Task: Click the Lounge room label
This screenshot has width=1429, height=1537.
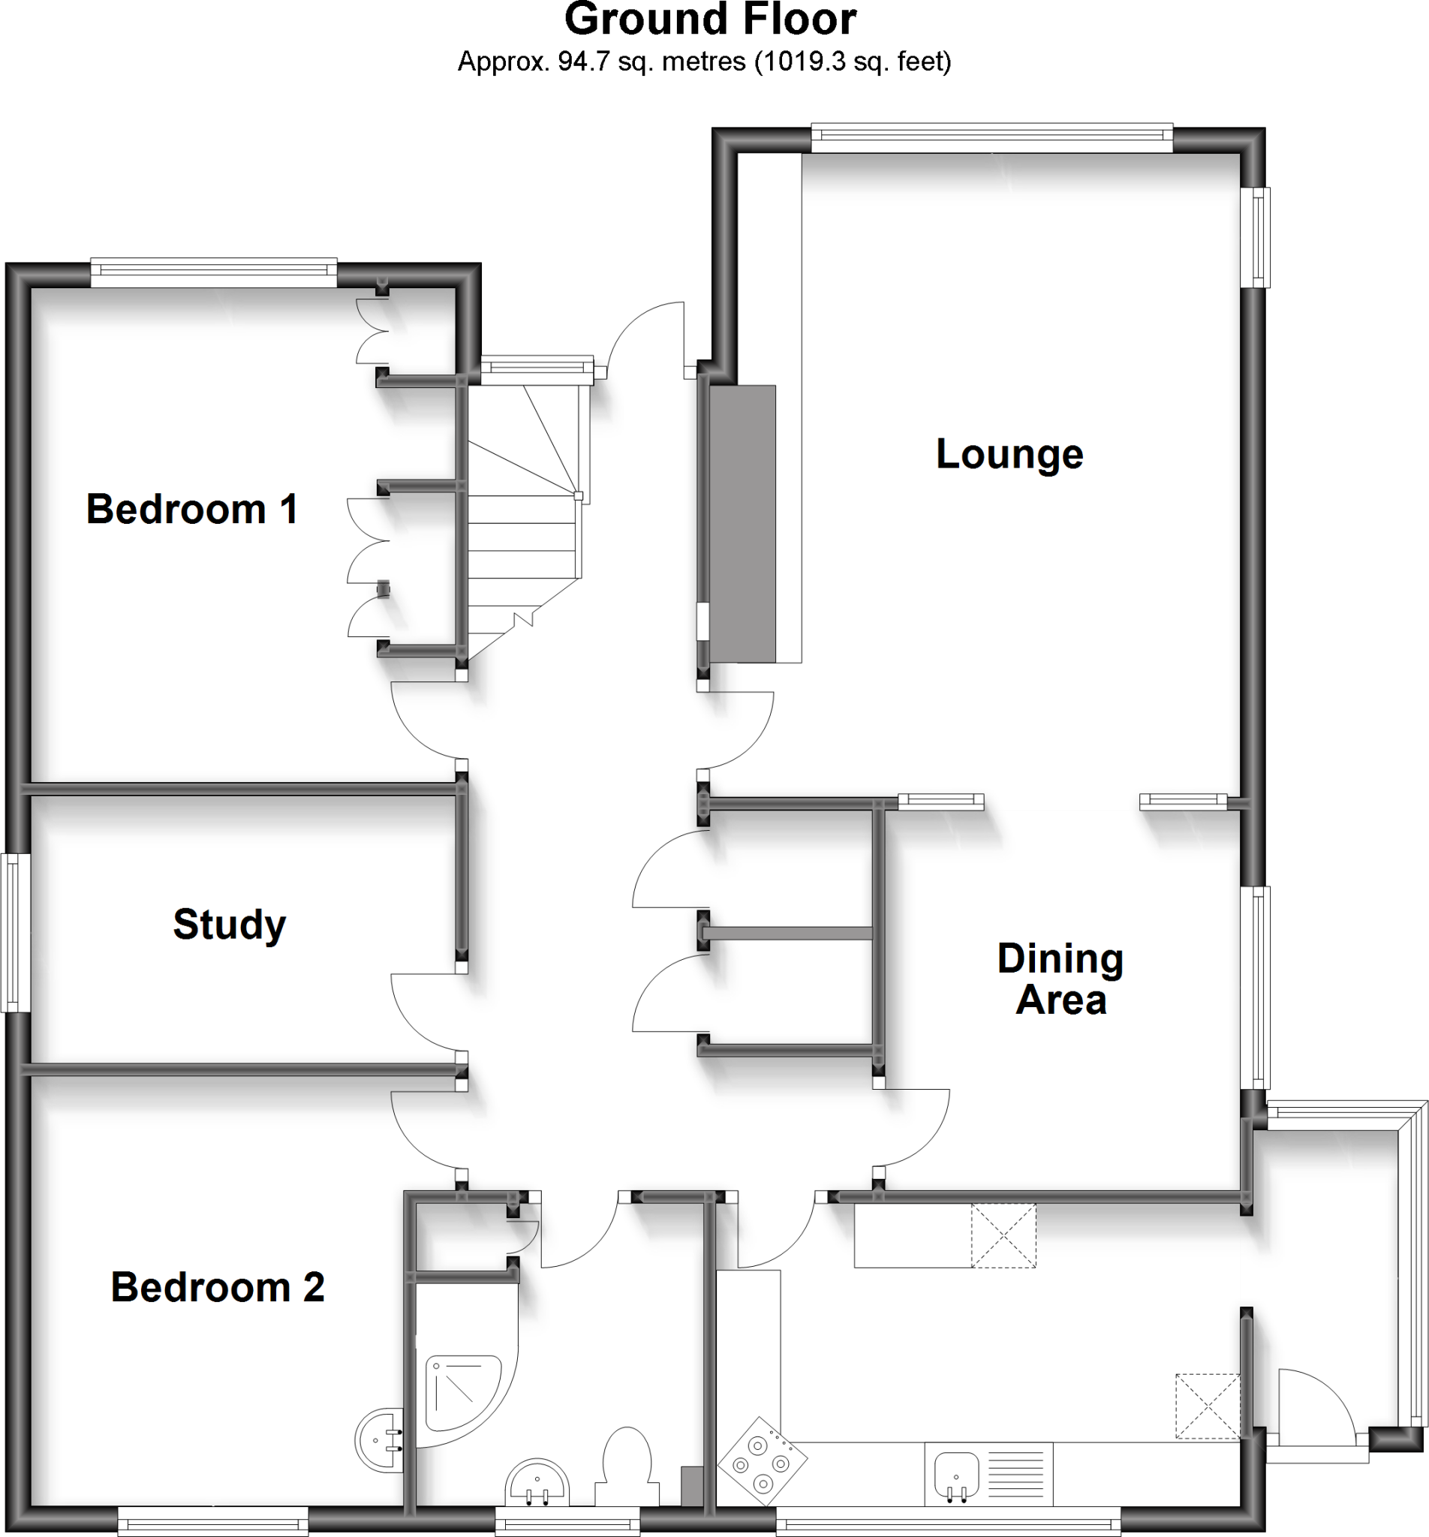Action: coord(1009,455)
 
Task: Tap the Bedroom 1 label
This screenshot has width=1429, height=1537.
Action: coord(192,510)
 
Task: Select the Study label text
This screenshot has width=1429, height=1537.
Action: coord(230,925)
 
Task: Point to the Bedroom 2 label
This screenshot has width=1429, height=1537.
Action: coord(218,1287)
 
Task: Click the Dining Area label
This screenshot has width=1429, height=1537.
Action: coord(1060,979)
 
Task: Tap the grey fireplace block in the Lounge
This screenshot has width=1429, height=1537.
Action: coord(742,523)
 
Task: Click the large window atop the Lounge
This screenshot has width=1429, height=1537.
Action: coord(991,137)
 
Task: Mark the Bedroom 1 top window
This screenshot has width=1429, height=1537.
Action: coord(213,272)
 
